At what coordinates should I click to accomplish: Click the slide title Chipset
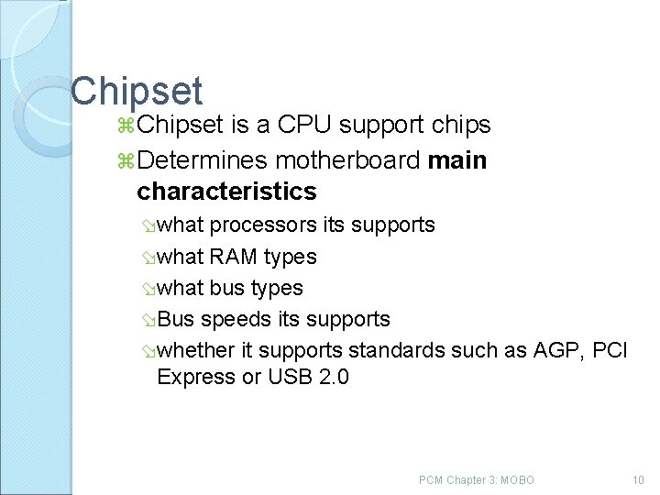(137, 91)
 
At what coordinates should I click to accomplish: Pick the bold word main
(457, 161)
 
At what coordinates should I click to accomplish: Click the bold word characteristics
(225, 192)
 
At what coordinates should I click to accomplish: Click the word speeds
(232, 319)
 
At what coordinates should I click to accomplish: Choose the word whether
(194, 350)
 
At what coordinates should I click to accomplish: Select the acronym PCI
(610, 350)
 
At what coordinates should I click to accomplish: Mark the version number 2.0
(334, 377)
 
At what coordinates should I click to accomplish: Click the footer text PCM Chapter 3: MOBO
(476, 480)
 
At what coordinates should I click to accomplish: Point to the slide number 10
(638, 480)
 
